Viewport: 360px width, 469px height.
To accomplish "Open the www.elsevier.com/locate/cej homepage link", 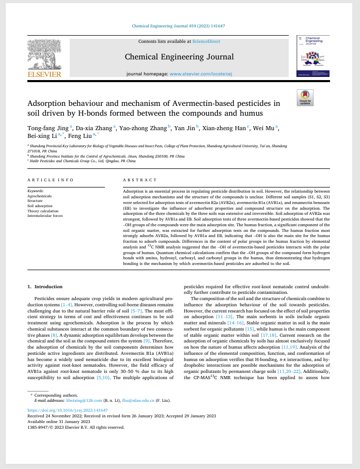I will tap(201, 74).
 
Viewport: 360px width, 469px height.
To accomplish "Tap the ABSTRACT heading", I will tap(139, 180).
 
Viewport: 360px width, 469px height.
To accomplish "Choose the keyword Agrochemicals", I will tap(39, 196).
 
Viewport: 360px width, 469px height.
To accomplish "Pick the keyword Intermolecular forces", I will tap(45, 215).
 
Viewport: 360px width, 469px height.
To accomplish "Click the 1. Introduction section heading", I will tap(45, 287).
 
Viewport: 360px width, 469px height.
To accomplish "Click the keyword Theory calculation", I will tap(43, 211).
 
